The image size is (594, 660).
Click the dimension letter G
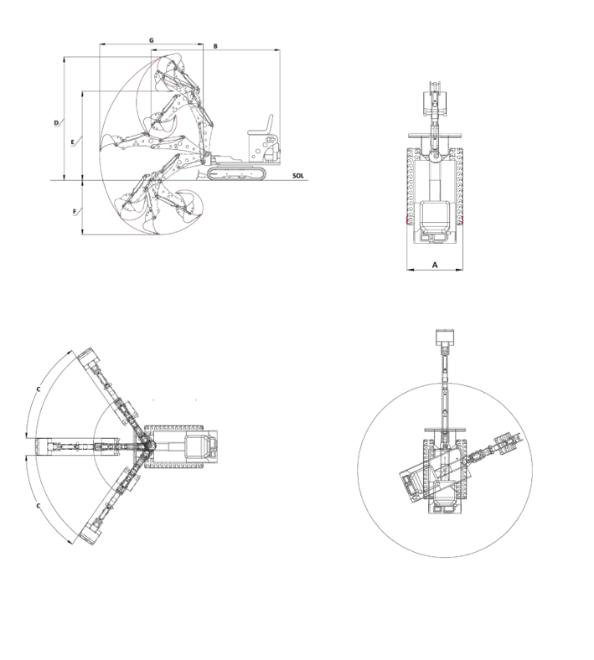tap(152, 40)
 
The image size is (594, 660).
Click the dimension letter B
tap(215, 46)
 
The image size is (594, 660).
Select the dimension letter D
tap(56, 123)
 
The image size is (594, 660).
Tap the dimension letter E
tap(73, 142)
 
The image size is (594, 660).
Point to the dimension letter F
tap(75, 211)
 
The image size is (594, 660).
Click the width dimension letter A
tap(436, 265)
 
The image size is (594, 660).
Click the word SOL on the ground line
tap(298, 176)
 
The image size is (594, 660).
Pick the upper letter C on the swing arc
tap(39, 389)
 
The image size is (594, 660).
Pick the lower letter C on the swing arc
tap(39, 506)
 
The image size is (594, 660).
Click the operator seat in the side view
tap(261, 126)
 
